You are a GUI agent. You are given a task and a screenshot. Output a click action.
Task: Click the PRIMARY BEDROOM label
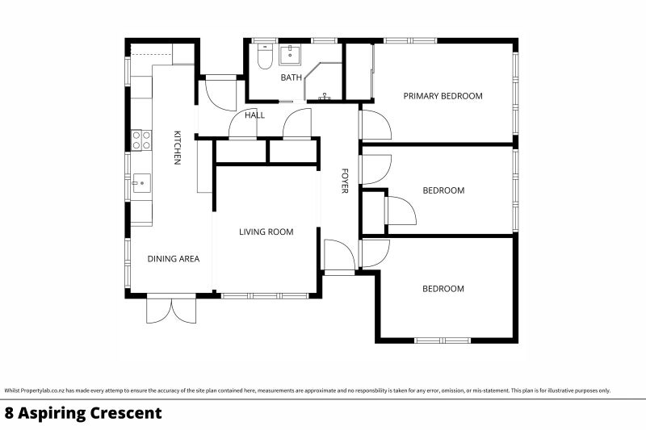pos(443,96)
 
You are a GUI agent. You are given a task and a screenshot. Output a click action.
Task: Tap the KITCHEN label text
pos(176,148)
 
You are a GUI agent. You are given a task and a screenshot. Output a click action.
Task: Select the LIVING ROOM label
pos(266,232)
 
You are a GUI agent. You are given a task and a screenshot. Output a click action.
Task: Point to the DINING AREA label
pos(173,259)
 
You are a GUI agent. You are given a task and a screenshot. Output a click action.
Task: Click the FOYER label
pos(344,181)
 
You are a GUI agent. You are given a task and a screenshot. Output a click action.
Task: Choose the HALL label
pos(255,115)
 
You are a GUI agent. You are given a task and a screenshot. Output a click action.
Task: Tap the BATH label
pos(291,78)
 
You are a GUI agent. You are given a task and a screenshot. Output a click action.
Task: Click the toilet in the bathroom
pos(264,58)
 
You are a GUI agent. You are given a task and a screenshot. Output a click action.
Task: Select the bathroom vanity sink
pos(290,55)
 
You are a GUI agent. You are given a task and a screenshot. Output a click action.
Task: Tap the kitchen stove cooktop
pos(141,140)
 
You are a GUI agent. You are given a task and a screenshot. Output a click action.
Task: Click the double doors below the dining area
pos(171,310)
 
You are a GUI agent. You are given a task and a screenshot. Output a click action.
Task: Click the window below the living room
pos(266,296)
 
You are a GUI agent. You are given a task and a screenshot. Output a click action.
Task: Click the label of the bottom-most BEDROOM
pos(443,289)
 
